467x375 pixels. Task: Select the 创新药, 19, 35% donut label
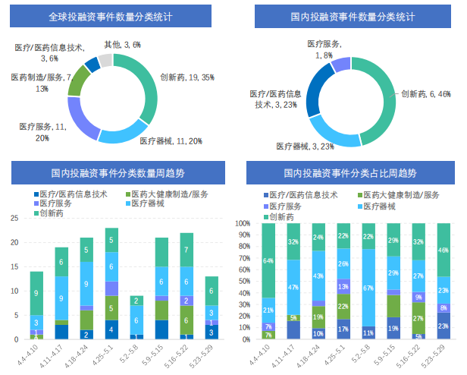[x=186, y=77]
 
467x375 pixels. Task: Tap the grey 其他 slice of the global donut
[x=105, y=61]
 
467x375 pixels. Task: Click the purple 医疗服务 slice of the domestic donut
[x=342, y=63]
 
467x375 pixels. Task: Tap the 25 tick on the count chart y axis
[x=14, y=218]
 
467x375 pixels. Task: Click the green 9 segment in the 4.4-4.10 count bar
[x=36, y=293]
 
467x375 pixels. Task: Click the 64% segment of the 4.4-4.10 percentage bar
[x=268, y=261]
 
